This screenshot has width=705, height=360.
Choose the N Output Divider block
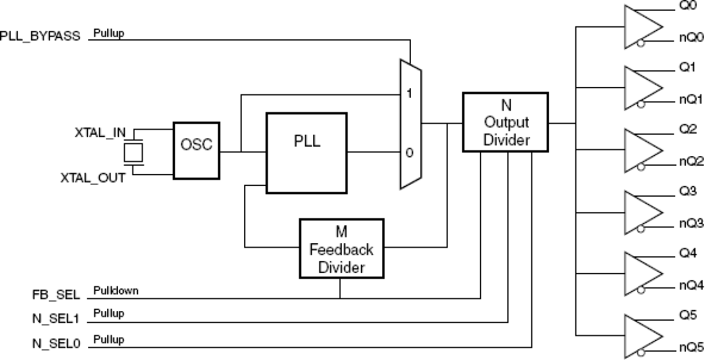click(x=505, y=122)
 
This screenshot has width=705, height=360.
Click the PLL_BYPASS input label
click(x=40, y=36)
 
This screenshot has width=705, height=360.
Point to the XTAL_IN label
click(x=100, y=133)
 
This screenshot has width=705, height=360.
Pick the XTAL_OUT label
click(x=93, y=177)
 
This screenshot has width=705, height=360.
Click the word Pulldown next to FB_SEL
click(x=116, y=291)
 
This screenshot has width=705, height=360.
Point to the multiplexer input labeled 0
click(x=409, y=152)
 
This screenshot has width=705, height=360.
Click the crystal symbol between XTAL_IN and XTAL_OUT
click(x=134, y=152)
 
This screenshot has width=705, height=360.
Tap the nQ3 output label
click(x=690, y=224)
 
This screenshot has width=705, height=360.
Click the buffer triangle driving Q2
click(x=643, y=149)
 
